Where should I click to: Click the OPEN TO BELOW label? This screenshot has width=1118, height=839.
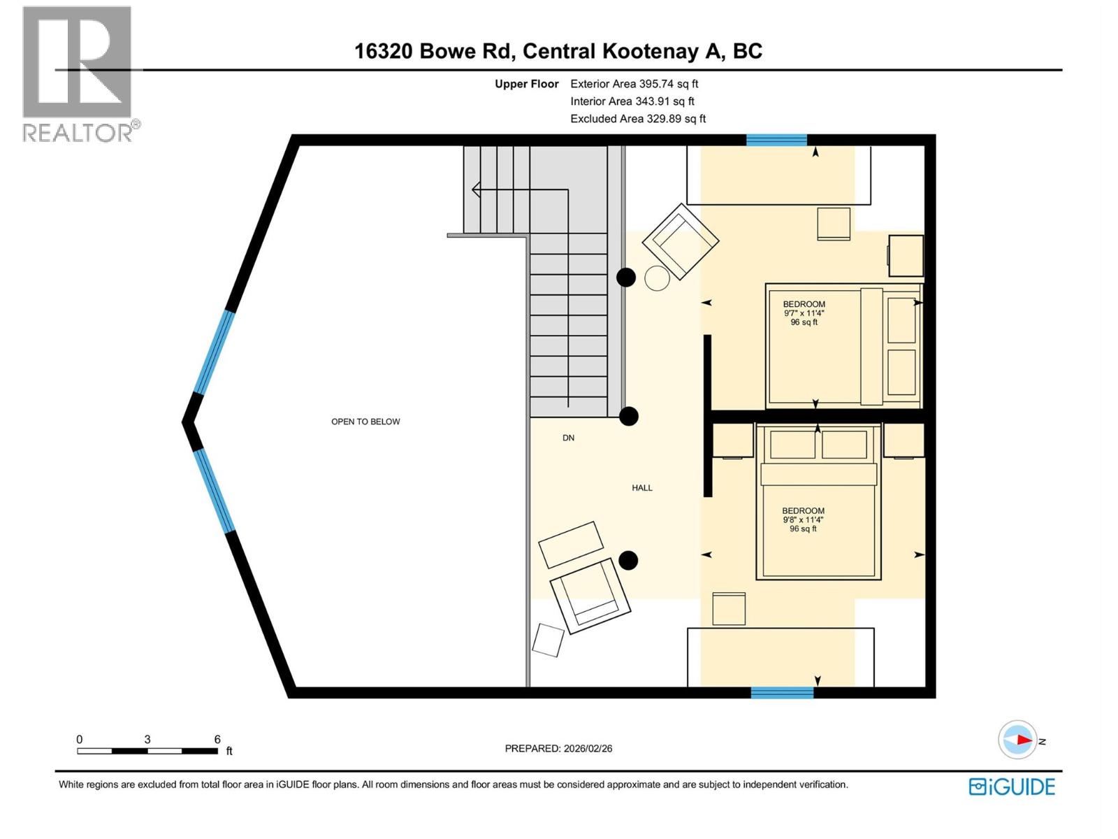(365, 422)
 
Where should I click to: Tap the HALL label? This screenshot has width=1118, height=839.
(641, 488)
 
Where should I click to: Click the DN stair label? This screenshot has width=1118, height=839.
(568, 438)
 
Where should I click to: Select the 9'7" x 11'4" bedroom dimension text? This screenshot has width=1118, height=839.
(804, 313)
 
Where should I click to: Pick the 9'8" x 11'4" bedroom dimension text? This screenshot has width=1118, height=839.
(803, 519)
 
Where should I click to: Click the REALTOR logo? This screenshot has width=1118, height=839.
(78, 73)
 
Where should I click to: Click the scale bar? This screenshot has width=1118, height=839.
(147, 751)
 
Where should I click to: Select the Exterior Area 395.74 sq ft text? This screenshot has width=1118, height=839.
(634, 84)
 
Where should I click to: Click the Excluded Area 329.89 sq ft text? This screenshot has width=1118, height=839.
(637, 119)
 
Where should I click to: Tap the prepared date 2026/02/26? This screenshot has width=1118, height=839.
(558, 748)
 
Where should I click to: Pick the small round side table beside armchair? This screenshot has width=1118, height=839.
(657, 278)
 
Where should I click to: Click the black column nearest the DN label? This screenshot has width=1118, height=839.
(630, 417)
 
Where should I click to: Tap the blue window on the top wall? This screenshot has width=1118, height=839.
(776, 140)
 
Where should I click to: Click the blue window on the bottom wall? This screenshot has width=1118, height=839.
(782, 692)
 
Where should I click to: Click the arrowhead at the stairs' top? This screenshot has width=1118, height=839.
(476, 189)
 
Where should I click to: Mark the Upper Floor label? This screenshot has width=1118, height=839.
(526, 84)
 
